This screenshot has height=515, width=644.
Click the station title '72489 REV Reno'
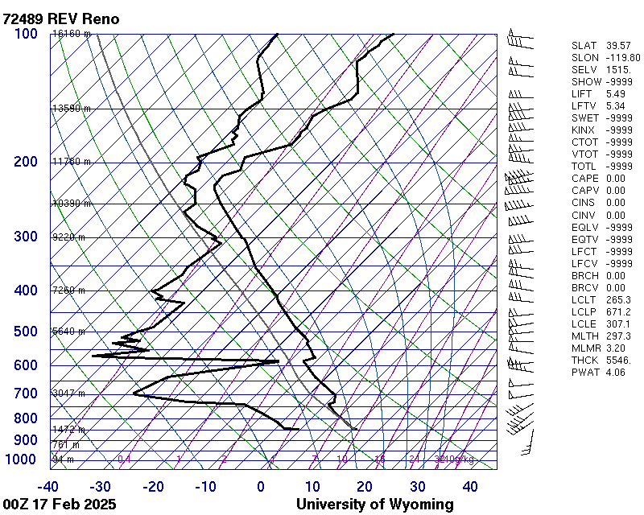point(61,19)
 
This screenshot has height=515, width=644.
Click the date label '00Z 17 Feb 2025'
point(60,505)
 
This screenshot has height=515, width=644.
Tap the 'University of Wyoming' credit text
point(374,505)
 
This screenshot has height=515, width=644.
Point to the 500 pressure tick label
point(26,332)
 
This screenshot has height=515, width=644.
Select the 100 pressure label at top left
point(26,33)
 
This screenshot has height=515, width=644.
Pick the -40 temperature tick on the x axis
point(48,486)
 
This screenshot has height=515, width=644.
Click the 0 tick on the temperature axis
point(261,486)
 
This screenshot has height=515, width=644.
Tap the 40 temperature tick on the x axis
point(469,486)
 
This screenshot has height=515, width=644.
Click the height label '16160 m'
point(71,34)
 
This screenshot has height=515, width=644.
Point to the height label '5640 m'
point(68,332)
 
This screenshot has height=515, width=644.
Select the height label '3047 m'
point(68,393)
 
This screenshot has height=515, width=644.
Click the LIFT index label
point(581,94)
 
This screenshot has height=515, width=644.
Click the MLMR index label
point(584,348)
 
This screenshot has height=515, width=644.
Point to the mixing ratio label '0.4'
point(125,459)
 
